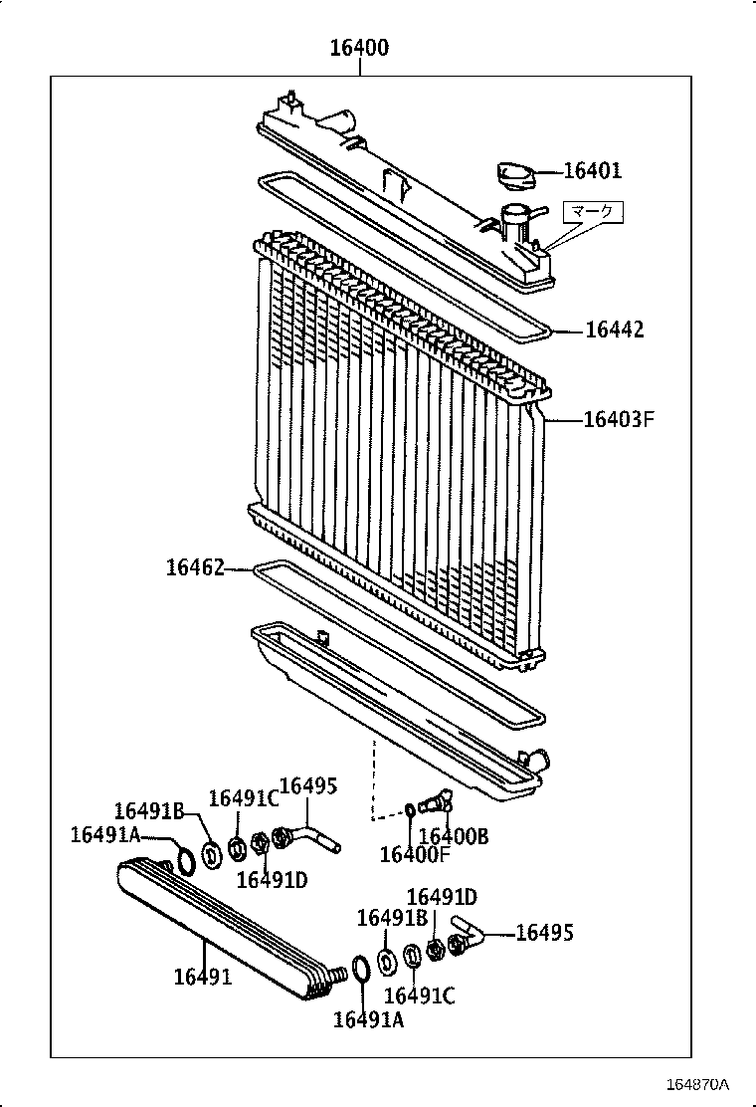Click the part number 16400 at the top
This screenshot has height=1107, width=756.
[359, 48]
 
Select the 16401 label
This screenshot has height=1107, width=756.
[592, 171]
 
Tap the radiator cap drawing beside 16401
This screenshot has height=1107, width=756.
[515, 177]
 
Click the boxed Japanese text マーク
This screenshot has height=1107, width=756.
[594, 211]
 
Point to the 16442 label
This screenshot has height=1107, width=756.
[614, 330]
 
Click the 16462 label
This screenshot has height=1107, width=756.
[195, 567]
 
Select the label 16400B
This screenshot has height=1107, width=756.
[454, 836]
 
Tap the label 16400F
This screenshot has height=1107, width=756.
[414, 854]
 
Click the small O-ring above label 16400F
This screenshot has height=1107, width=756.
[411, 810]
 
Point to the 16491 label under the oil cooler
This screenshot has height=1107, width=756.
[202, 977]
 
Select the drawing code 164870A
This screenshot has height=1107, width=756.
[697, 1083]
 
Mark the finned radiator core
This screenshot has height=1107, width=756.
[398, 448]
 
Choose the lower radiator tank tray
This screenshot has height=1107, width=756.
[398, 707]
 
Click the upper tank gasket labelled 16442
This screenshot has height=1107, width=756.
[398, 249]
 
